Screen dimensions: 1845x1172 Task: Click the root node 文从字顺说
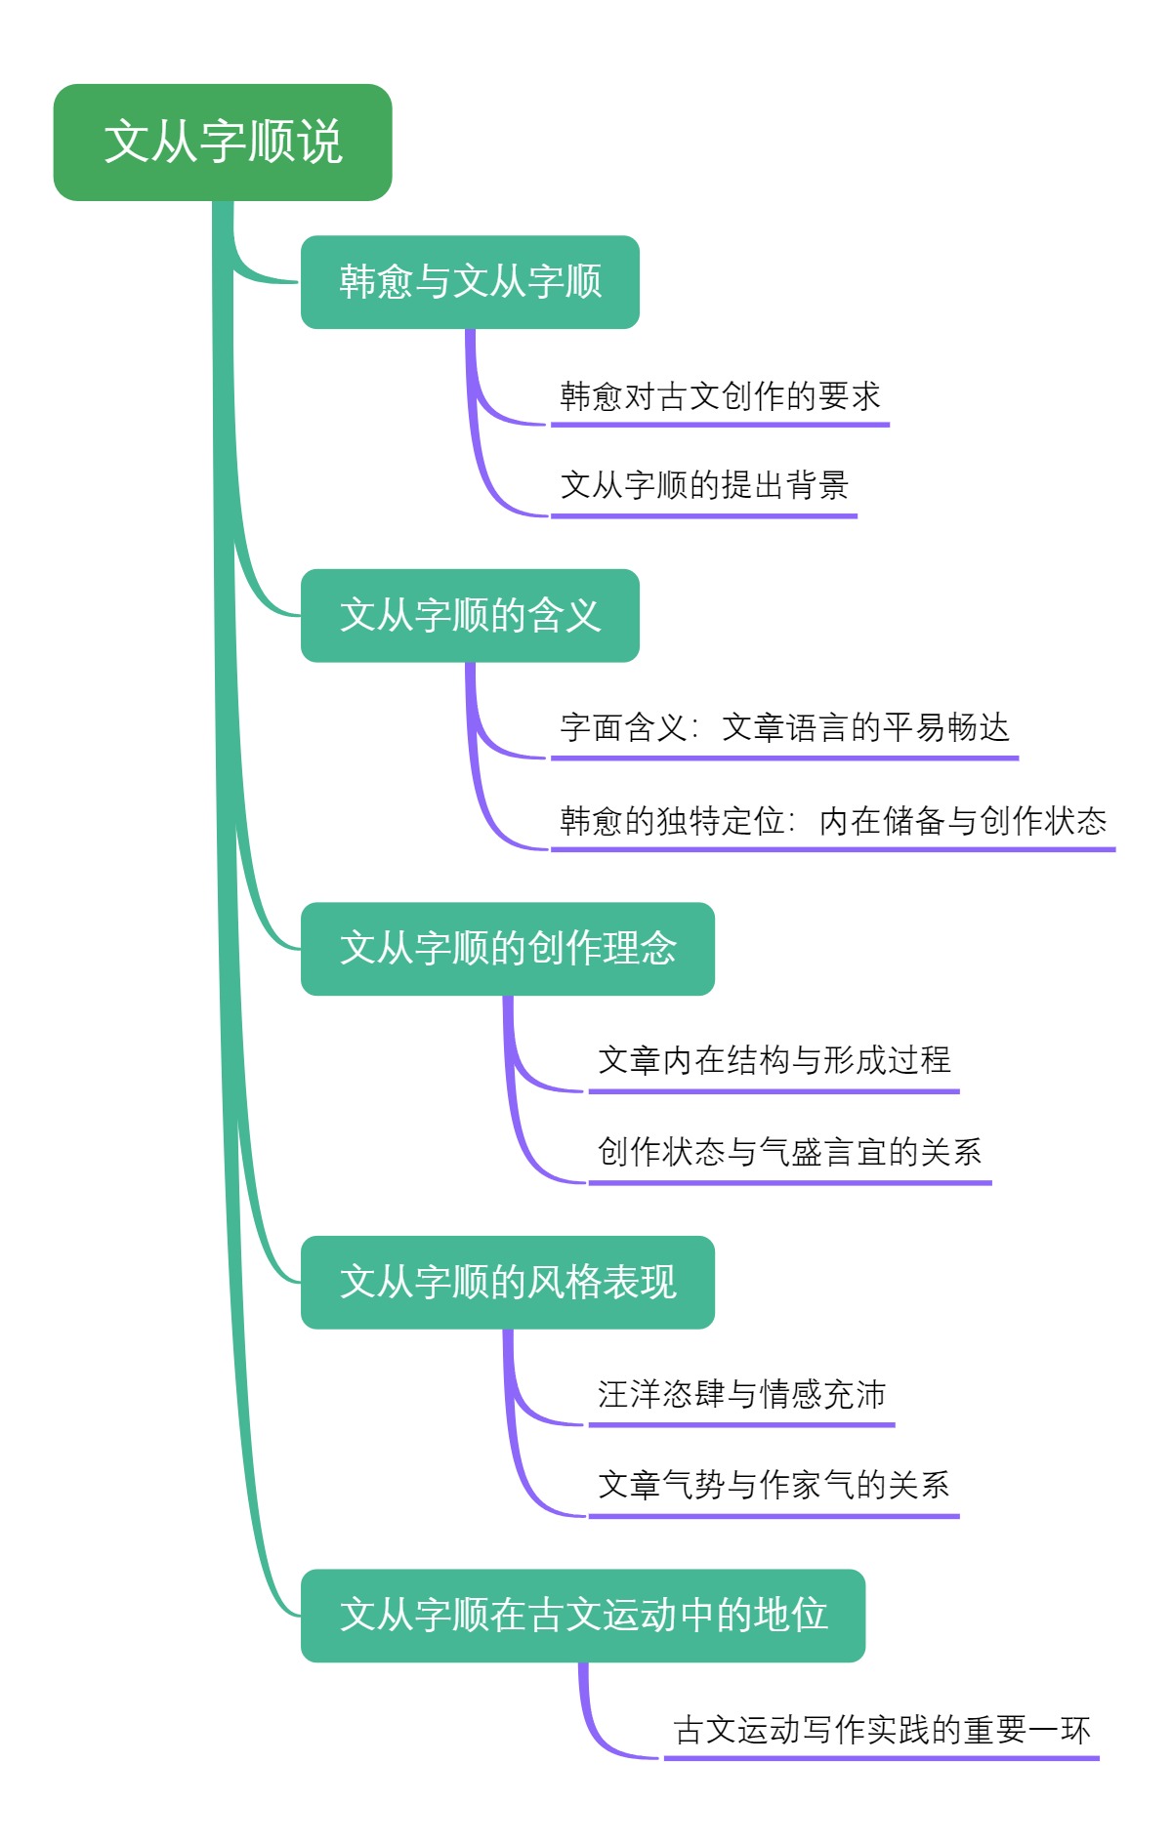(x=223, y=143)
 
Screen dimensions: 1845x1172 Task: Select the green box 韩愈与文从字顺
(x=470, y=282)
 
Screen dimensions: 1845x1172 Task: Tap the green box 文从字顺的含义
(x=470, y=616)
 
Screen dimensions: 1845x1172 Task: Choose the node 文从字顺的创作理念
(x=508, y=949)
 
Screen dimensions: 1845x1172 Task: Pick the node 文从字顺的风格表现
(x=508, y=1283)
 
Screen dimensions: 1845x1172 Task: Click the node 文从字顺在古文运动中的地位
(x=583, y=1616)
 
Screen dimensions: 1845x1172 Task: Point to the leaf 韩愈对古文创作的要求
(x=720, y=396)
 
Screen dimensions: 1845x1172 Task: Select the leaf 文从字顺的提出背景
(x=704, y=485)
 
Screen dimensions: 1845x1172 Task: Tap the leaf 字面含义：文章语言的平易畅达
(x=784, y=728)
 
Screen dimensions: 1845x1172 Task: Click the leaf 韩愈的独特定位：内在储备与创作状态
(x=833, y=821)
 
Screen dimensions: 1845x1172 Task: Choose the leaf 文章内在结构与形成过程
(x=774, y=1060)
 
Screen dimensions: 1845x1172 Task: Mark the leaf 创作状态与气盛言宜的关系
(x=789, y=1152)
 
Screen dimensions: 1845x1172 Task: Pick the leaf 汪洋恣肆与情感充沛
(x=741, y=1394)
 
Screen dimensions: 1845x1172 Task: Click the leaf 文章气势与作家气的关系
(x=774, y=1485)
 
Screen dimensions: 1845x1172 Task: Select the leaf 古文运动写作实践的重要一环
(x=882, y=1730)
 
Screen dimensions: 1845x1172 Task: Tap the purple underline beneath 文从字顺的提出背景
(x=704, y=515)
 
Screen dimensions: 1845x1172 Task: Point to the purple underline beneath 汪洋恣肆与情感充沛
(x=741, y=1425)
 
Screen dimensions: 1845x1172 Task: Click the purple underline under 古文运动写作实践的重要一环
(x=882, y=1758)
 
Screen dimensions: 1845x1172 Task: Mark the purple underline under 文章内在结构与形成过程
(x=774, y=1091)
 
